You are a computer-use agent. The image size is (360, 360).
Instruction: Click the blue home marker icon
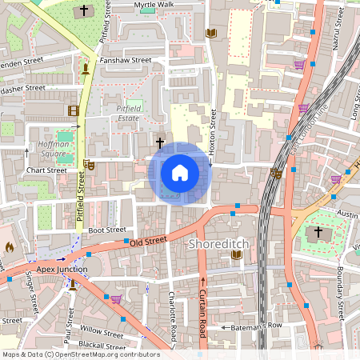[x=180, y=173]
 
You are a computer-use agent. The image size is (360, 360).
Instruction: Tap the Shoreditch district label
[x=220, y=242]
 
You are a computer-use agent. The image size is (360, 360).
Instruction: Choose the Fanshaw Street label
[x=125, y=60]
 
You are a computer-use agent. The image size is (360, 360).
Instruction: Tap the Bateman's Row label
[x=258, y=326]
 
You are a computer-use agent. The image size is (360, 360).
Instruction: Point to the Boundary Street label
[x=339, y=285]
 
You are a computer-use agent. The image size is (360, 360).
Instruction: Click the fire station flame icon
[x=8, y=249]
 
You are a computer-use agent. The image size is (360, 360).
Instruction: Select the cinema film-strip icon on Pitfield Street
[x=74, y=110]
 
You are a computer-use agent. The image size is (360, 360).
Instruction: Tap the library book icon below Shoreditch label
[x=236, y=254]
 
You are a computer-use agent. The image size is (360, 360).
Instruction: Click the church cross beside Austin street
[x=318, y=232]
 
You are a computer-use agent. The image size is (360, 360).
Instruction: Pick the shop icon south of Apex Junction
[x=117, y=299]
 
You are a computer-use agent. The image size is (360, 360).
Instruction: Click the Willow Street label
[x=102, y=332]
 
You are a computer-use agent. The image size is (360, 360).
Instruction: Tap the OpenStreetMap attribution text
[x=81, y=354]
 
